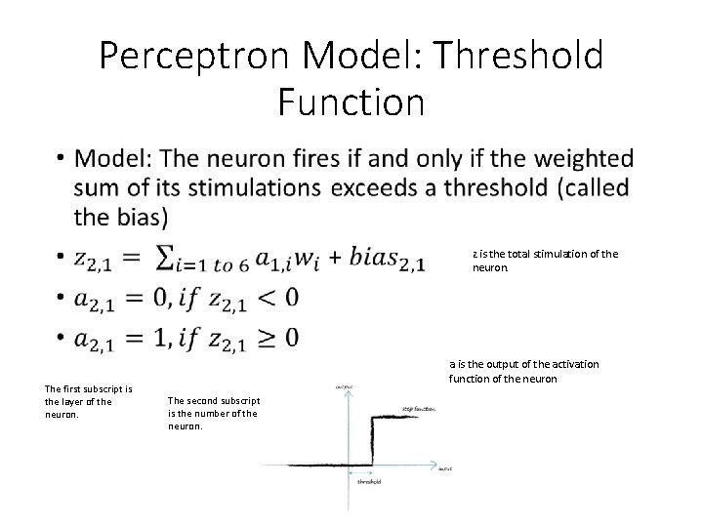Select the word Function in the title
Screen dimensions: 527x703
click(351, 101)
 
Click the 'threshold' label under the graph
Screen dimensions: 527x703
click(368, 481)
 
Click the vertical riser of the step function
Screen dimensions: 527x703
click(370, 441)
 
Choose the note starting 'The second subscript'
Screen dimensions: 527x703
click(213, 413)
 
